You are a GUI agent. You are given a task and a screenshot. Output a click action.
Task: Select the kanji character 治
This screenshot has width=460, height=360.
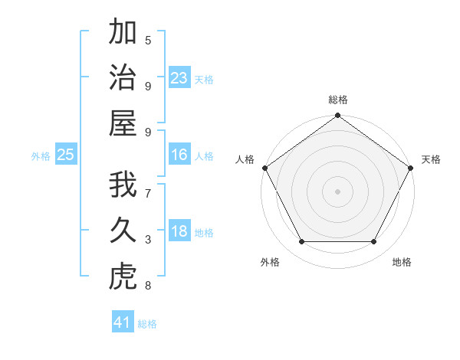(x=123, y=78)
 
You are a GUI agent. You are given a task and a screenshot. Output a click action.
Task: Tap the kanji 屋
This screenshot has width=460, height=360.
(x=123, y=123)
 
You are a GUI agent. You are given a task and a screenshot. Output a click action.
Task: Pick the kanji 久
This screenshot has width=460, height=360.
(x=123, y=231)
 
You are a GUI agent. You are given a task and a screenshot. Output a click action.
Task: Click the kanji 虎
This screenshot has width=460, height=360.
(x=123, y=277)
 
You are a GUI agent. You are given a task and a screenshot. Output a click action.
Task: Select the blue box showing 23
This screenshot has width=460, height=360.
(x=179, y=78)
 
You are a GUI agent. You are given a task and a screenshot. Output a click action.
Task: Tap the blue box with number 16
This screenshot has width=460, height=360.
(x=179, y=155)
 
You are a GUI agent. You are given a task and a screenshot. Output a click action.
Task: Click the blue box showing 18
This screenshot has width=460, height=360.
(x=179, y=232)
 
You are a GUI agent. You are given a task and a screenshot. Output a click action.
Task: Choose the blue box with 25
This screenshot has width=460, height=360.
(x=65, y=155)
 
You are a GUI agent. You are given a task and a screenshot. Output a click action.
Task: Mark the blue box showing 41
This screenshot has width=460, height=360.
(x=122, y=322)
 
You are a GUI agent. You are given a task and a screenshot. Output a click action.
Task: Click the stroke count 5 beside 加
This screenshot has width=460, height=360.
(x=148, y=40)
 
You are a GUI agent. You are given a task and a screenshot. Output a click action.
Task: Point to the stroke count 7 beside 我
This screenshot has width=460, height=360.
(x=148, y=193)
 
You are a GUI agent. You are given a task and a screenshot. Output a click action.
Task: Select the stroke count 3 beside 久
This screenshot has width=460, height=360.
(x=148, y=240)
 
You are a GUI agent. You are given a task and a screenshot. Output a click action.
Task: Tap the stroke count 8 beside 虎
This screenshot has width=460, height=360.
(x=148, y=286)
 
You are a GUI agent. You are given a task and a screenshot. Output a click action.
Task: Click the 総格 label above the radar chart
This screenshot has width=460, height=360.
(x=337, y=100)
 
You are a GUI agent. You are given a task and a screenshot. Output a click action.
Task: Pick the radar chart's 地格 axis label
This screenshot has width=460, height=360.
(x=402, y=262)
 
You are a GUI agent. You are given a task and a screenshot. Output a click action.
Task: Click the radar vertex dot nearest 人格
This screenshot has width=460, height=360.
(x=264, y=168)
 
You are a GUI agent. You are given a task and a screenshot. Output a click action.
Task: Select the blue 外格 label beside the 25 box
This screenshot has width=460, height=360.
(x=41, y=156)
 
